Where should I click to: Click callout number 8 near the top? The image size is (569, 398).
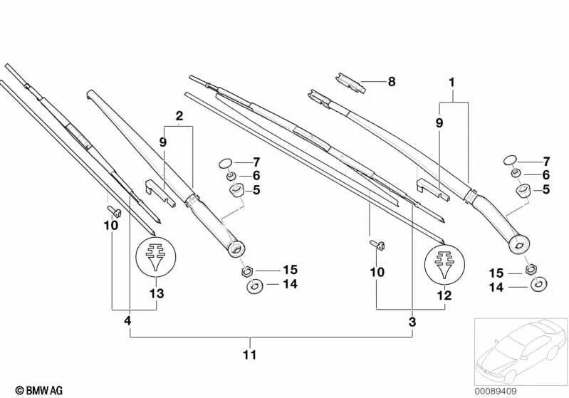tap(390, 82)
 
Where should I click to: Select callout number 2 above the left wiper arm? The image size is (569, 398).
tap(179, 115)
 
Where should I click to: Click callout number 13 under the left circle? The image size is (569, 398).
tap(157, 293)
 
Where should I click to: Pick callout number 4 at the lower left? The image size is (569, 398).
tap(127, 321)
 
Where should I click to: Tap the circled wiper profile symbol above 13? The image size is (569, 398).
tap(156, 260)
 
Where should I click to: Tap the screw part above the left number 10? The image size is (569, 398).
tap(113, 211)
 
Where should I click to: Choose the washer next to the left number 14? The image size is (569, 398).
tap(253, 286)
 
